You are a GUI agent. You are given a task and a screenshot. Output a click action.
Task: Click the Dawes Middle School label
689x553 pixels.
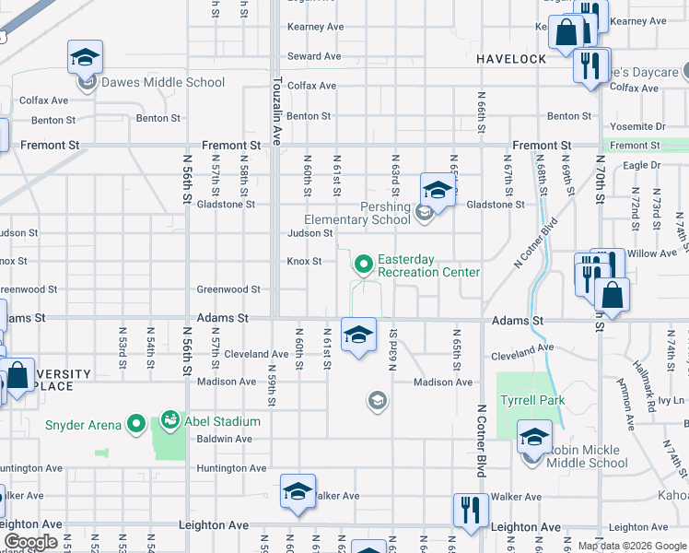162,82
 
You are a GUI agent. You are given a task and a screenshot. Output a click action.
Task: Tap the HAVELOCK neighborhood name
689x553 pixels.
511,58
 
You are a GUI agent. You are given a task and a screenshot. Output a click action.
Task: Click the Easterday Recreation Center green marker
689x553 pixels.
364,265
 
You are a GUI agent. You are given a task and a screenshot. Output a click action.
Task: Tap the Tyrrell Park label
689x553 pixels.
532,400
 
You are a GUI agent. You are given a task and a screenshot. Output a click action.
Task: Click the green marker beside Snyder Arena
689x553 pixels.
136,424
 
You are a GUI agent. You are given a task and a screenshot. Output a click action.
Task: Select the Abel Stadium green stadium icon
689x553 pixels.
169,422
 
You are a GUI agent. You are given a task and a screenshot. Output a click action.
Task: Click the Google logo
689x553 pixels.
30,542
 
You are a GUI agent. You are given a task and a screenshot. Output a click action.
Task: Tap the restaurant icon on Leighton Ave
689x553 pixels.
470,510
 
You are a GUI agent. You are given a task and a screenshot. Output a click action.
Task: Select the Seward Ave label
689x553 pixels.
315,56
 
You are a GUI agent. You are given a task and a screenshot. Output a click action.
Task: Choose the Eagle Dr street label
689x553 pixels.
641,165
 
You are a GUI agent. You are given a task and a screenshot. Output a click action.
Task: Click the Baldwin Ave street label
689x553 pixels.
231,439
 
